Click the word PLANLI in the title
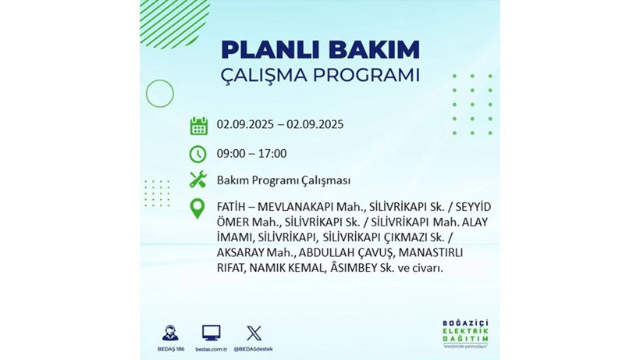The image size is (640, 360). coord(265,49)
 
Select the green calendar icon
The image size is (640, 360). coord(198,125)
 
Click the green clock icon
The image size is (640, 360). coord(198,153)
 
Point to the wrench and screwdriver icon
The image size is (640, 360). coord(198,180)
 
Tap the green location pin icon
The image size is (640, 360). coord(198,209)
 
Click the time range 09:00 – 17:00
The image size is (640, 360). coord(251,153)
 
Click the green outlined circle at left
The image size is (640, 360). coord(159,94)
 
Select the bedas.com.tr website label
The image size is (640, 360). coord(211,348)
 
